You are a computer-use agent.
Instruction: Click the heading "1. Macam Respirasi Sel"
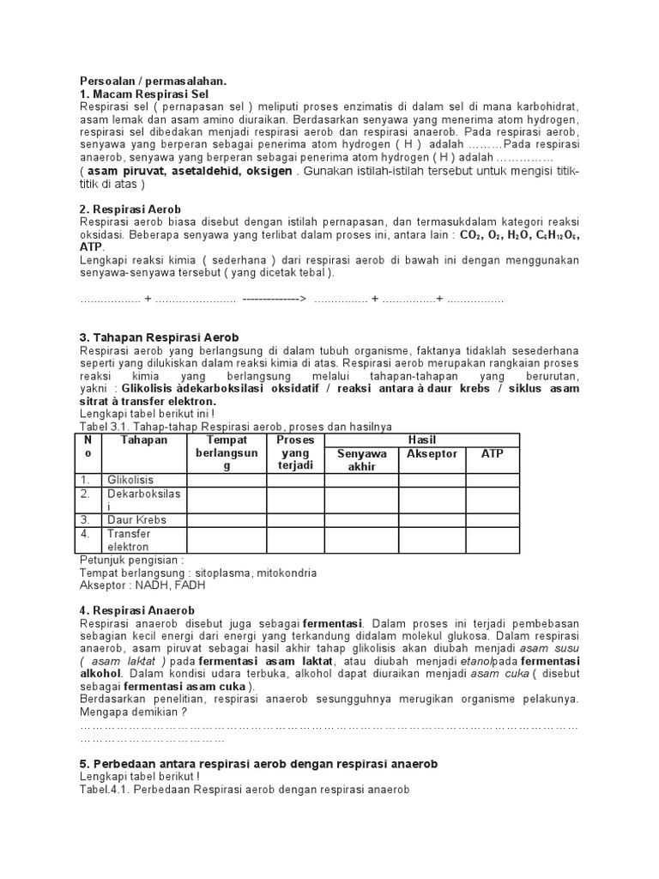coord(143,93)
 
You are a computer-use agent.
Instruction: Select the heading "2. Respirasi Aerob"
coord(130,209)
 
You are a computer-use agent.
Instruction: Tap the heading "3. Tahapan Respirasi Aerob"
coord(159,337)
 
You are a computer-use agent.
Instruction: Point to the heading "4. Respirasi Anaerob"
coord(137,609)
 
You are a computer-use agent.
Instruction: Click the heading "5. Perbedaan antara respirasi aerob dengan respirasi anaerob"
coord(258,763)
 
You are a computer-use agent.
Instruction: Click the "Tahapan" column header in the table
coord(144,440)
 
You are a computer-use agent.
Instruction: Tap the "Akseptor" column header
coord(432,454)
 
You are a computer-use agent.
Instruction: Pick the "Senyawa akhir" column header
coord(361,459)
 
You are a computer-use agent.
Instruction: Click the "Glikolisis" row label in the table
coord(129,480)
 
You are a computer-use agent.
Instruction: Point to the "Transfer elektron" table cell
coord(129,540)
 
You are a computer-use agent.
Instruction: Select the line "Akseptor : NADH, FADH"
coord(142,585)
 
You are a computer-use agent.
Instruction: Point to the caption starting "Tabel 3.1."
coord(236,427)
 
